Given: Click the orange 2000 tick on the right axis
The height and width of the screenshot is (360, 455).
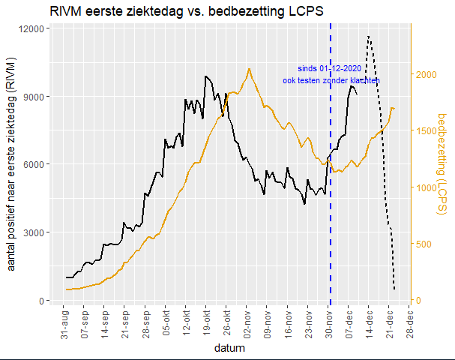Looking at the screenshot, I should (x=426, y=75).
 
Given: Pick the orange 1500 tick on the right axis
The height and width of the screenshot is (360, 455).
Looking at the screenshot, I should (x=426, y=131).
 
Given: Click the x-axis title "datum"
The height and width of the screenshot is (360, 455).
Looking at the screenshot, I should (x=229, y=349).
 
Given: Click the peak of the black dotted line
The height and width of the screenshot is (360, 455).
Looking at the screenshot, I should (x=368, y=35).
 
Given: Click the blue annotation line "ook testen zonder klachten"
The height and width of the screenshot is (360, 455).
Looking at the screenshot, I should (x=331, y=80).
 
